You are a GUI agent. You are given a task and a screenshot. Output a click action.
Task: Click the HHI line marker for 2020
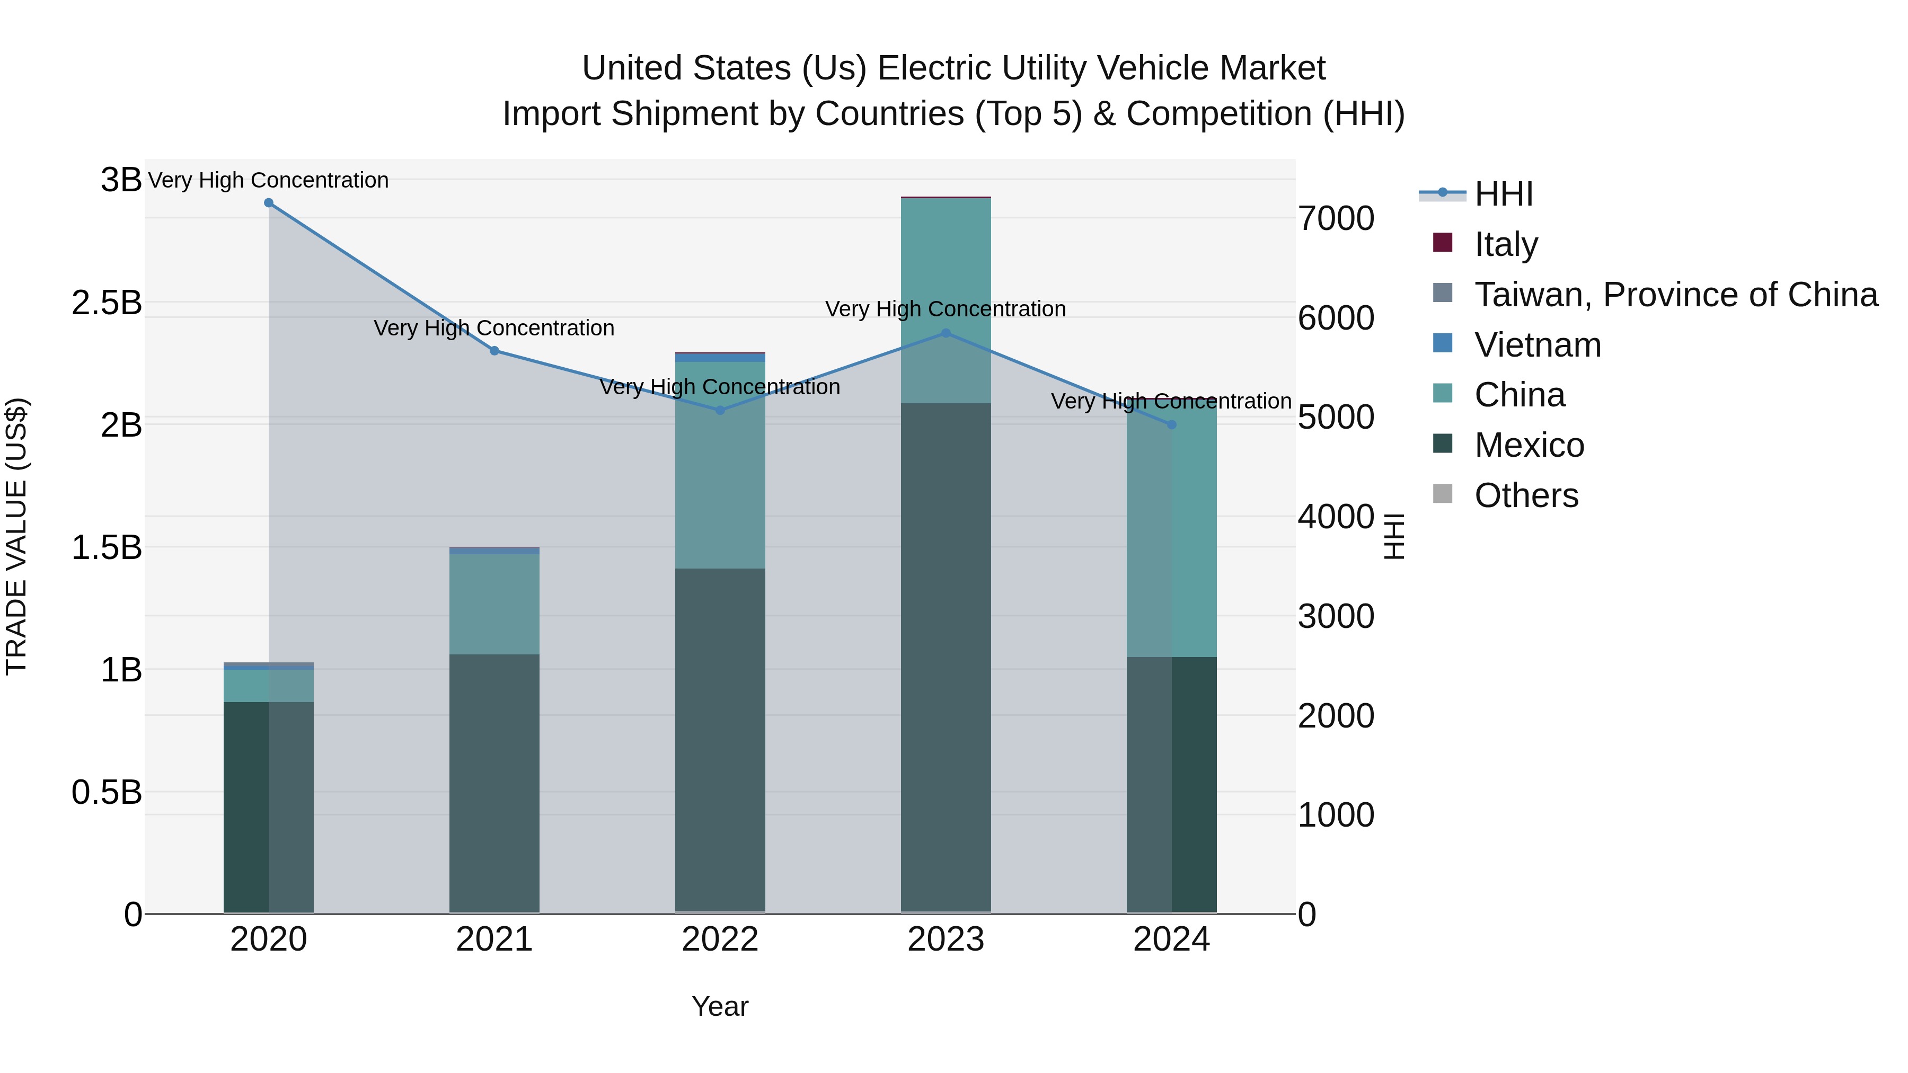[x=269, y=203]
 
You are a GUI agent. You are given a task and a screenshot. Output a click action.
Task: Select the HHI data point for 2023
[x=946, y=333]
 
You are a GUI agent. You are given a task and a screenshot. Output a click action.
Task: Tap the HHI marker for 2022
[x=720, y=410]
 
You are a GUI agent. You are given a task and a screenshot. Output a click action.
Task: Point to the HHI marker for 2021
[x=495, y=351]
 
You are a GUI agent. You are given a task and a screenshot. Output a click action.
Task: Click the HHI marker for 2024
[x=1172, y=425]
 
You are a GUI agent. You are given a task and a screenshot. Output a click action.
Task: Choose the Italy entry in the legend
[x=1506, y=244]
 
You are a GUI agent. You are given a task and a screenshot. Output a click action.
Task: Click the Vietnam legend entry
[x=1538, y=345]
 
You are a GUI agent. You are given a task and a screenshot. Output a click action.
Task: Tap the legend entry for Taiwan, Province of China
[x=1675, y=295]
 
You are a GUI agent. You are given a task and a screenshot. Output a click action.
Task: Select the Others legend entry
[x=1526, y=495]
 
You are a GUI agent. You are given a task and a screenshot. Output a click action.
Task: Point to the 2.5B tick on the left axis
[x=107, y=303]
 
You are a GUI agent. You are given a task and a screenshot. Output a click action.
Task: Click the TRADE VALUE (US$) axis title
[x=16, y=536]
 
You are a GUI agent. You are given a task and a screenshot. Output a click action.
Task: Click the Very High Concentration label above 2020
[x=269, y=180]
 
